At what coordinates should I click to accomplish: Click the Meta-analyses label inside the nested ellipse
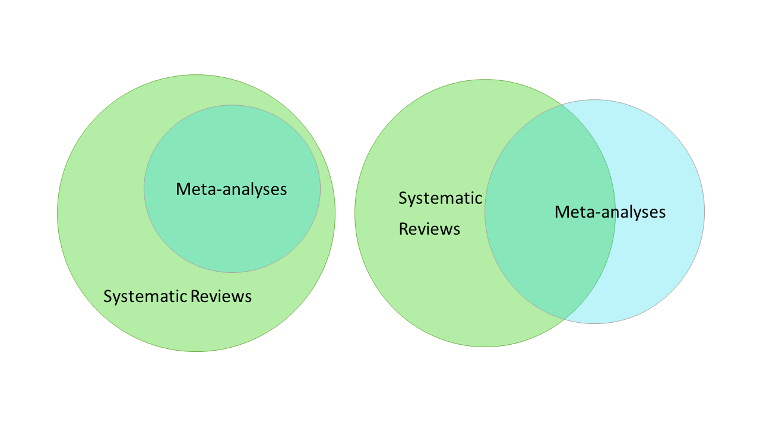tap(232, 189)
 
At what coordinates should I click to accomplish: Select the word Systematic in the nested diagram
tap(145, 296)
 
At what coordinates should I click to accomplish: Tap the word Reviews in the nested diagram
tap(221, 296)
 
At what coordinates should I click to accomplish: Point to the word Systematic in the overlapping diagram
tap(440, 198)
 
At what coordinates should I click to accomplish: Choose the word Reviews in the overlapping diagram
tap(429, 229)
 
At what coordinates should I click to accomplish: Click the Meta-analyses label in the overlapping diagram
tap(610, 212)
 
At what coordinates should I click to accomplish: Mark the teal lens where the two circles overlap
tap(549, 250)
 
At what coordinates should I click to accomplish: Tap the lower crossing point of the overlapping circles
tap(563, 319)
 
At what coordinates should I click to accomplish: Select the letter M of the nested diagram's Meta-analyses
tap(183, 189)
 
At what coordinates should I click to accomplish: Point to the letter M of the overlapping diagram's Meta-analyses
tap(562, 212)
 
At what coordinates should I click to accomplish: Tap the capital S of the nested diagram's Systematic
tap(107, 296)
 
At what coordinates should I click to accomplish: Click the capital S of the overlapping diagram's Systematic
tap(403, 198)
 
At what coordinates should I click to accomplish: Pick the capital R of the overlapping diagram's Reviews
tap(403, 229)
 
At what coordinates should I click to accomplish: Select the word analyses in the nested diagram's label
tap(254, 190)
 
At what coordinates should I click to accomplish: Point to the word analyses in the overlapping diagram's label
tap(632, 212)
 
